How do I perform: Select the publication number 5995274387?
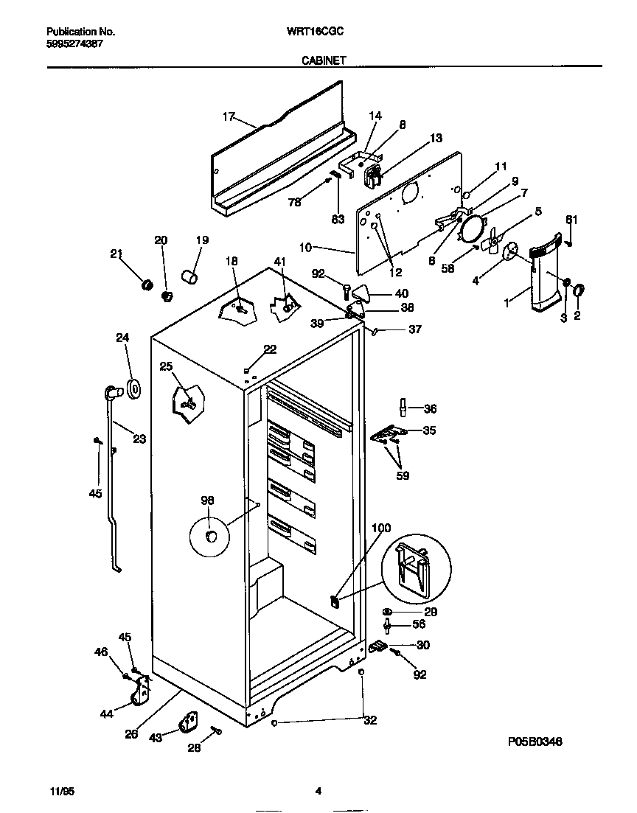(x=74, y=44)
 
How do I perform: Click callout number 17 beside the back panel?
(x=229, y=116)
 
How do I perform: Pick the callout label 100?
(x=381, y=528)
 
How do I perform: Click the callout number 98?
(x=207, y=500)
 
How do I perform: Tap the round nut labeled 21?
(x=146, y=285)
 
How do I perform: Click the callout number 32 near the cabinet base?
(x=370, y=720)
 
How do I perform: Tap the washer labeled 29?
(x=387, y=612)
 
